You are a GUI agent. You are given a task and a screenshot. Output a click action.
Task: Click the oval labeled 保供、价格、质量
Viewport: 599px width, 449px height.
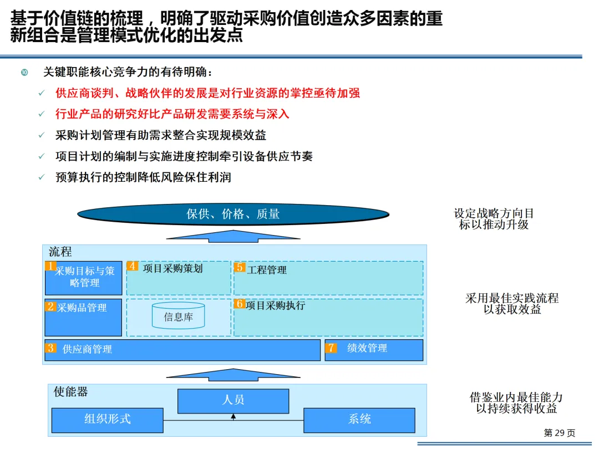coord(233,214)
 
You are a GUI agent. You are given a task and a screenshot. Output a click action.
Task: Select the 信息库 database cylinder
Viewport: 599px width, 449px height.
coord(178,316)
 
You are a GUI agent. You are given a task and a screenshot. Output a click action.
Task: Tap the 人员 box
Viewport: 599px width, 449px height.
coord(233,400)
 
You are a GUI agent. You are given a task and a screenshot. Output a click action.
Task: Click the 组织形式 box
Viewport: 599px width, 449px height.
coord(107,420)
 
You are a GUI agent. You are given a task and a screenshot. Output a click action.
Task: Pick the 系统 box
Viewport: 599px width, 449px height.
coord(359,420)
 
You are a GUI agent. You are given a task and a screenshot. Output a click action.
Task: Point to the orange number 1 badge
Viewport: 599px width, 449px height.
coord(50,267)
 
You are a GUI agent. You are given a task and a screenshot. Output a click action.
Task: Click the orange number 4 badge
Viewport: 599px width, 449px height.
coord(133,266)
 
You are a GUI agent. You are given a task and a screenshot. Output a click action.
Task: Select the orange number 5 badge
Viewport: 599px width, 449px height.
coord(240,267)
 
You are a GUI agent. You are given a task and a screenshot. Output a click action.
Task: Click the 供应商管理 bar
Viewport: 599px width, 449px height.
coord(183,350)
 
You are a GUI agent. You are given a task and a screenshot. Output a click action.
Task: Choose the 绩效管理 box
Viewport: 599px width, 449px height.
coord(374,350)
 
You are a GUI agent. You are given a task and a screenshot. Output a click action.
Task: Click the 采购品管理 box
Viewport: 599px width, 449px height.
coord(83,318)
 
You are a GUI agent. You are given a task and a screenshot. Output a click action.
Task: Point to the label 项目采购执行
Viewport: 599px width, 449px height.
coord(275,305)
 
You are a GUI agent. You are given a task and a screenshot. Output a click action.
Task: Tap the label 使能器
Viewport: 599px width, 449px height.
coord(70,392)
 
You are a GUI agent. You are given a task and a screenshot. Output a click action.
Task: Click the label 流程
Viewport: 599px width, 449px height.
coord(60,252)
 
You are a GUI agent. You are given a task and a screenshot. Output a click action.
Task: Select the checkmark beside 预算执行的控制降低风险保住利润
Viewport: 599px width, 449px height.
coord(42,178)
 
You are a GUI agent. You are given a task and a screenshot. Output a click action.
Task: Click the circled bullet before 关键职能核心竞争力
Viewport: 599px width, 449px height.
coord(24,73)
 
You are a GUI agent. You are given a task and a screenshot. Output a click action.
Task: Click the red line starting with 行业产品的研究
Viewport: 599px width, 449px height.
coord(172,114)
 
